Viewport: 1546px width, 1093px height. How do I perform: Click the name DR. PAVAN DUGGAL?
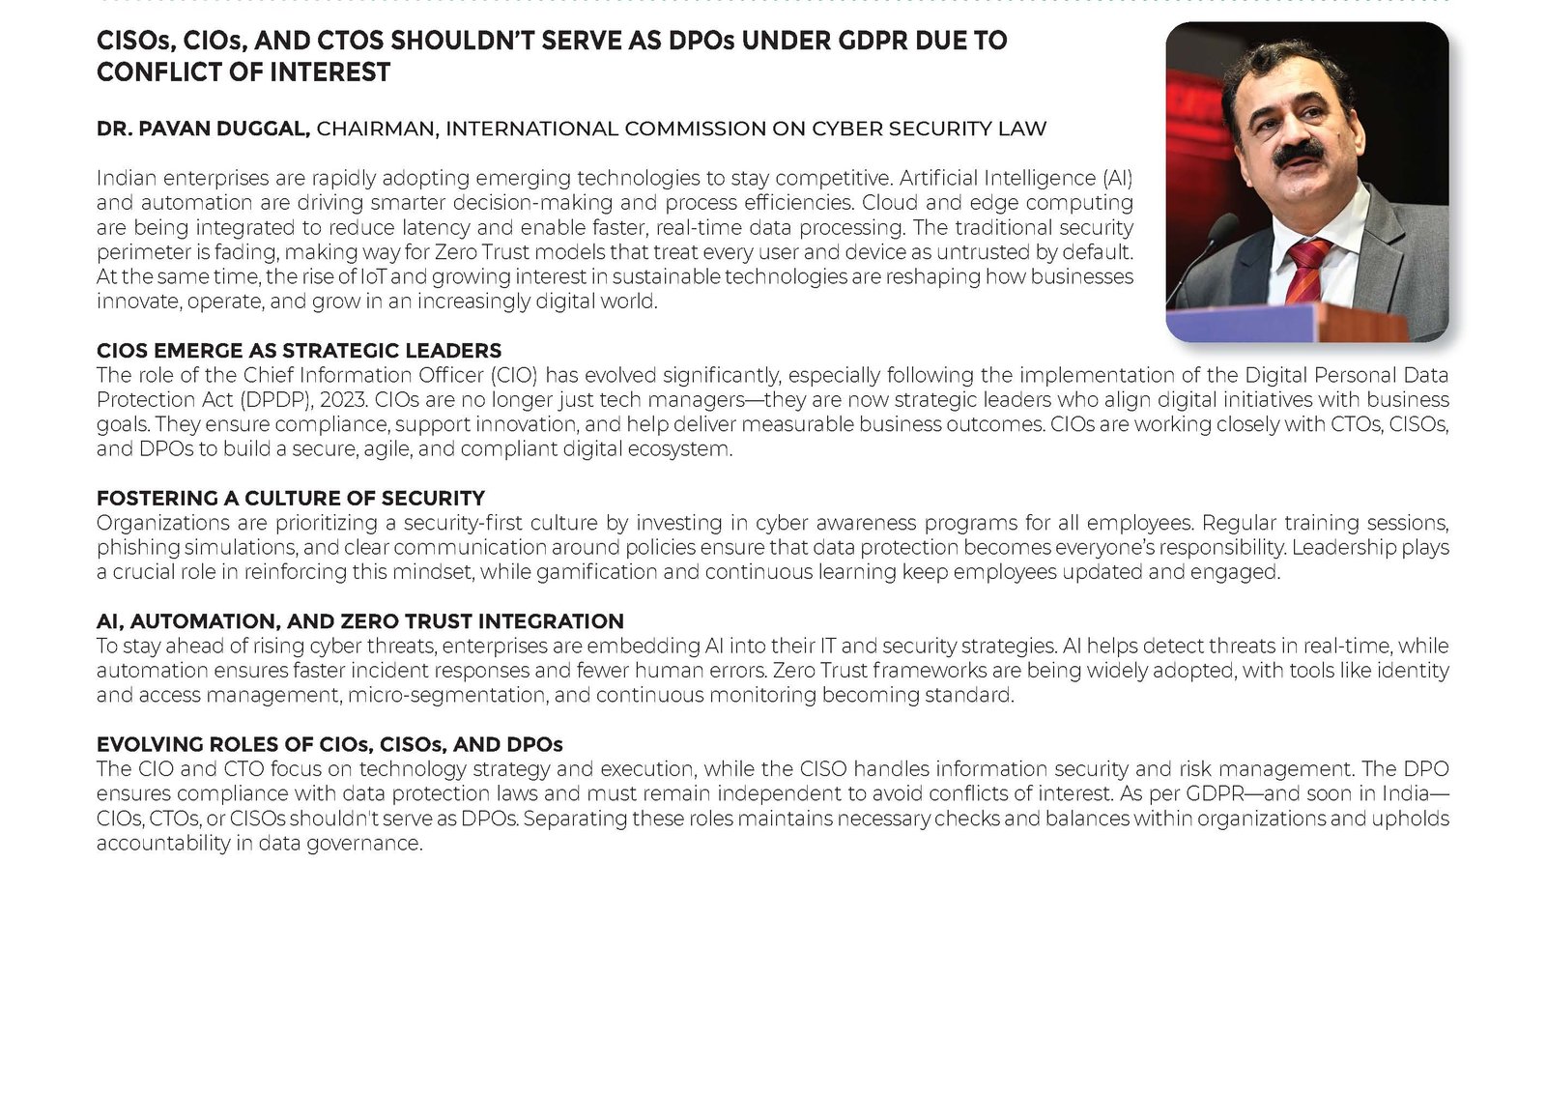[203, 129]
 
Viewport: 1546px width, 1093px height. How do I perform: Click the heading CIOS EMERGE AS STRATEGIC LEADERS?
[299, 351]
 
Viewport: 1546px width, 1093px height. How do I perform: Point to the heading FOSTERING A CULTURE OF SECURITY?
[290, 499]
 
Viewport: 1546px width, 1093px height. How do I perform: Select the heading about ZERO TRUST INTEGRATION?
[359, 621]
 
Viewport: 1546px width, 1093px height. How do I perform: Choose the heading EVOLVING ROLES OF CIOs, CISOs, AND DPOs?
[329, 744]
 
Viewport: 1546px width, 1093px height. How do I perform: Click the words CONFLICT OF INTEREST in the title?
[243, 72]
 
